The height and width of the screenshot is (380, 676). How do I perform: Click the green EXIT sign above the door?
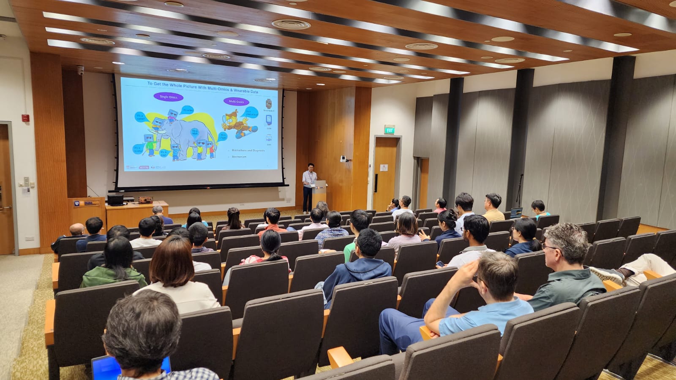pyautogui.click(x=389, y=130)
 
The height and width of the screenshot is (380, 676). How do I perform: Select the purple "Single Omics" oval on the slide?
pyautogui.click(x=168, y=97)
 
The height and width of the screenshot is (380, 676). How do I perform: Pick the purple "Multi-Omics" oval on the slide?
pyautogui.click(x=236, y=101)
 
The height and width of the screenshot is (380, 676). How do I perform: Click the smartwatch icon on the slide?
pyautogui.click(x=268, y=103)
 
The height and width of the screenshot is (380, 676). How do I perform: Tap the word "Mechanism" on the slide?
pyautogui.click(x=239, y=157)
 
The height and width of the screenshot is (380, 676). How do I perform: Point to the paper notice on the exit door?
pyautogui.click(x=384, y=168)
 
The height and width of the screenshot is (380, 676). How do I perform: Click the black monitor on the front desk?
pyautogui.click(x=115, y=200)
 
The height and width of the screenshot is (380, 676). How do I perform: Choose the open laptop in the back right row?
pyautogui.click(x=516, y=212)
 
